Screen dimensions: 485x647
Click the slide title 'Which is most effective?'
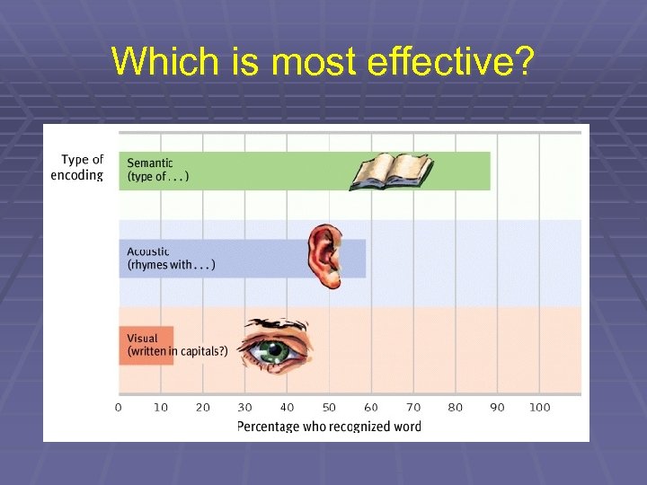click(x=323, y=61)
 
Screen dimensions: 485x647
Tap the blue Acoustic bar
click(x=252, y=258)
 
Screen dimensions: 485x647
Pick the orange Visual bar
click(x=134, y=345)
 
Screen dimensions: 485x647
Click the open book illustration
click(x=392, y=171)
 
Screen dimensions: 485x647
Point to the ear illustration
click(x=325, y=255)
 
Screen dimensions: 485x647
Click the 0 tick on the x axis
click(x=119, y=408)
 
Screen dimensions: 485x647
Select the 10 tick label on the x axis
click(x=161, y=408)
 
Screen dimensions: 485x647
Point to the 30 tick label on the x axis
click(x=245, y=408)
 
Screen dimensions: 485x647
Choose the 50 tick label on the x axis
click(x=330, y=408)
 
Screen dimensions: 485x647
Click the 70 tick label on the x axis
click(x=413, y=408)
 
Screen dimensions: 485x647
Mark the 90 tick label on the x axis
click(x=498, y=408)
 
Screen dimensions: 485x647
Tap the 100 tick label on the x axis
click(x=539, y=408)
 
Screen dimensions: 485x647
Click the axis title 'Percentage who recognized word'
click(x=329, y=427)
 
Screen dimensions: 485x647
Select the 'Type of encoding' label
click(x=78, y=168)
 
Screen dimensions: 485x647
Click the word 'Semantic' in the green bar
click(x=150, y=163)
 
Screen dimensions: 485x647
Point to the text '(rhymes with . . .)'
click(x=172, y=265)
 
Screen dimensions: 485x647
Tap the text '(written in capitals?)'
click(x=178, y=351)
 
